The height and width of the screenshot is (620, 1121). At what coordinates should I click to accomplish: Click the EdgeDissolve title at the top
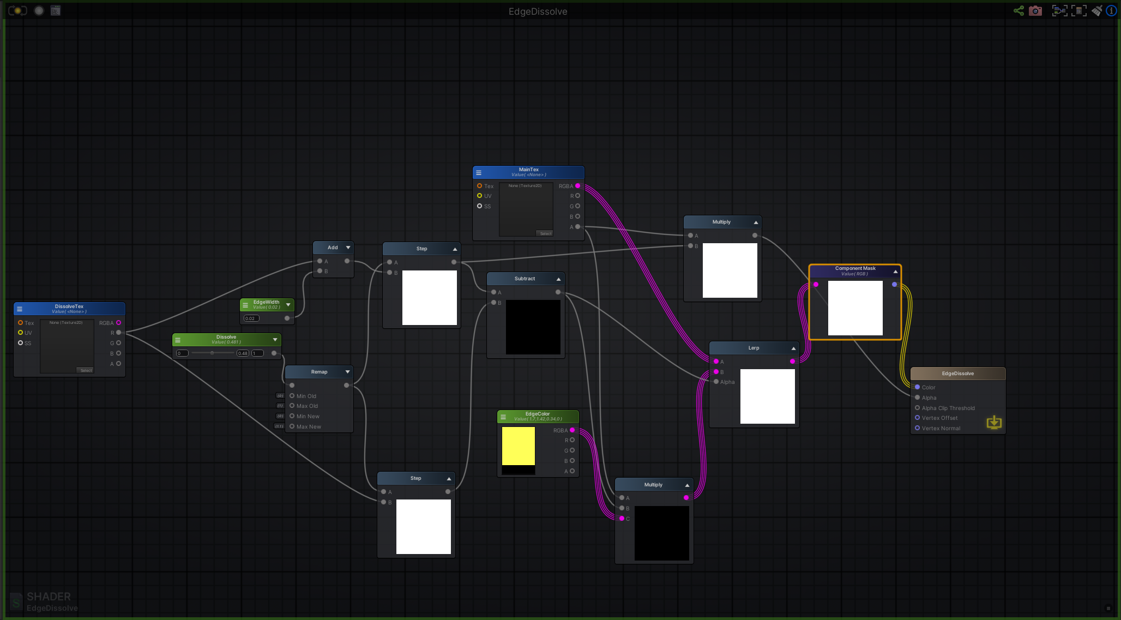tap(538, 11)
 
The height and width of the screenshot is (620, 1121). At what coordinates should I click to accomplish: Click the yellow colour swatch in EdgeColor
tap(518, 446)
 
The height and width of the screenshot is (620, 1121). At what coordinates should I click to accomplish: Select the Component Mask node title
tap(855, 268)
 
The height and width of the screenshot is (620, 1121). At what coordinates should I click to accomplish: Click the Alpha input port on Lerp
tap(716, 382)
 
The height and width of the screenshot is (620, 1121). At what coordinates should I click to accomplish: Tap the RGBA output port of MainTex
tap(578, 186)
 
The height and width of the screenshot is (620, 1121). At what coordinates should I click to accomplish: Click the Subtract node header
tap(525, 279)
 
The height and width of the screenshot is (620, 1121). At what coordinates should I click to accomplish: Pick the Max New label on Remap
tap(309, 427)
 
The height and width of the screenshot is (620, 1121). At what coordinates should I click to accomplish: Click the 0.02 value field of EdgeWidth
tap(251, 318)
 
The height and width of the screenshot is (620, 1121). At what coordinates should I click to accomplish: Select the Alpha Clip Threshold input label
tap(948, 408)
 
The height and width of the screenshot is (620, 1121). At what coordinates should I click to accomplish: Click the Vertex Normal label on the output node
tap(941, 429)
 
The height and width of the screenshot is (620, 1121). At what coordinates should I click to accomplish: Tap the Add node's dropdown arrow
tap(348, 248)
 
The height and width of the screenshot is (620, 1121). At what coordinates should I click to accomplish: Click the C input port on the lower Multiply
tap(622, 519)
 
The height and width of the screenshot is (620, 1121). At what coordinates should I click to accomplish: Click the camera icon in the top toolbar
tap(1035, 11)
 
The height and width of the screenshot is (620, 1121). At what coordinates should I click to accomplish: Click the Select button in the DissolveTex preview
tap(86, 370)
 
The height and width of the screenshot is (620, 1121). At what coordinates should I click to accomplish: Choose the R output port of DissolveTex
tap(118, 333)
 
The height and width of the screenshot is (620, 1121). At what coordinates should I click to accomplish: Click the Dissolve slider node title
tap(226, 337)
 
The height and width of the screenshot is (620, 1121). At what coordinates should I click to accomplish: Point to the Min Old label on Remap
tap(306, 396)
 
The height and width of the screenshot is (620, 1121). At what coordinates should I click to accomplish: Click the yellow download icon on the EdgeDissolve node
tap(994, 423)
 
